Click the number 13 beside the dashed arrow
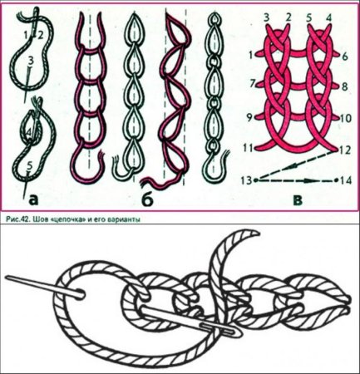tap(246, 180)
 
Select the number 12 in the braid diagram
tap(344, 150)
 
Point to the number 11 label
tap(248, 148)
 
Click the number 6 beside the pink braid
tap(345, 57)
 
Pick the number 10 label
tap(345, 118)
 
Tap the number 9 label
tap(249, 118)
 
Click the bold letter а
tap(33, 200)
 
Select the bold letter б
tap(148, 199)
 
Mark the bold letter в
tap(298, 200)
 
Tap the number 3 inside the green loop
tap(31, 60)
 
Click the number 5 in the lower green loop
tap(30, 165)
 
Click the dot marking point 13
tap(255, 180)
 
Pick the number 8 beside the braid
tap(345, 87)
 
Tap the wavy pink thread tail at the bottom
tap(160, 180)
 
